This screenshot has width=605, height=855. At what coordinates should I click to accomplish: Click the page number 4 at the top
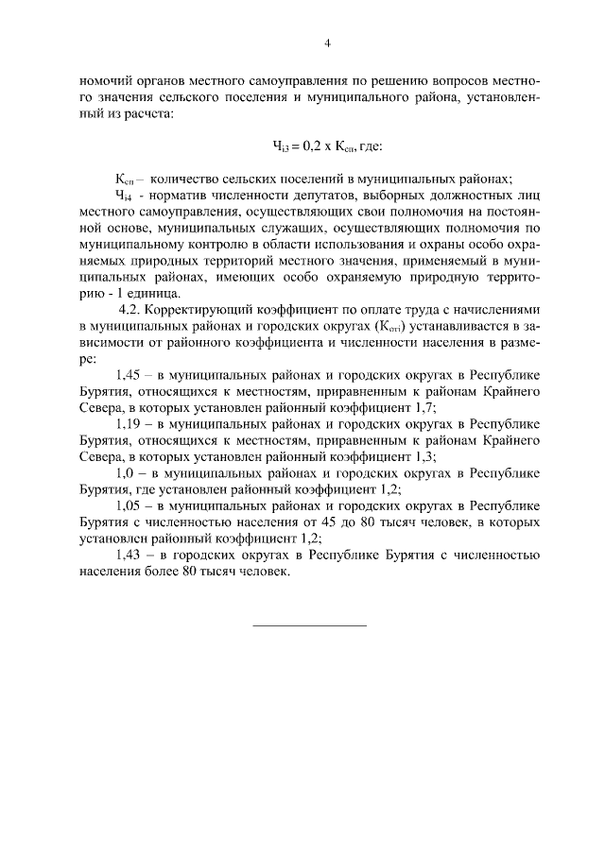tap(327, 43)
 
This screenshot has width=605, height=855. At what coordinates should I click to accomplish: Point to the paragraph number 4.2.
tap(130, 309)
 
